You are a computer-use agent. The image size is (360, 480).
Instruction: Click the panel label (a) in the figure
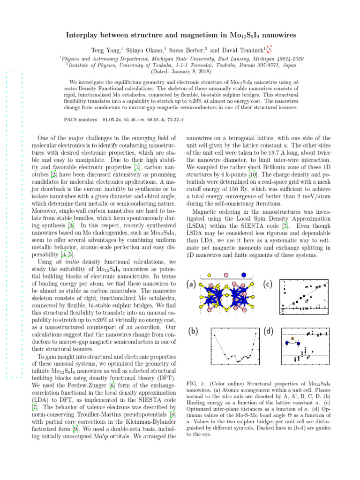(x=191, y=285)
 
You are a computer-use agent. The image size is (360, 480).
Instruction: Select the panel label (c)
(x=268, y=285)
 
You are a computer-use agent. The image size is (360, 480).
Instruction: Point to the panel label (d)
(x=268, y=331)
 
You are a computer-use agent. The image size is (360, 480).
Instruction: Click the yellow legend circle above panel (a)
(x=210, y=275)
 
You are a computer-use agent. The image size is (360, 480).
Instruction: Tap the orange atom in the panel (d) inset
(x=293, y=337)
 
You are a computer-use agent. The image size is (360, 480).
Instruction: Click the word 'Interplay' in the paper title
(x=85, y=36)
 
